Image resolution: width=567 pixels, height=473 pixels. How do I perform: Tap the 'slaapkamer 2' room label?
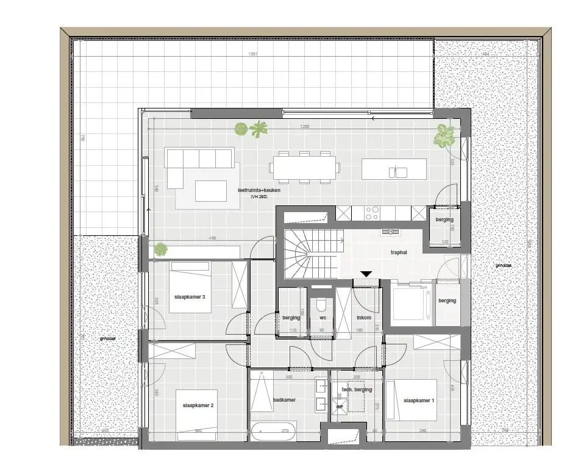point(198,405)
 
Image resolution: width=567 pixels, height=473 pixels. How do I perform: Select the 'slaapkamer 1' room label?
point(419,400)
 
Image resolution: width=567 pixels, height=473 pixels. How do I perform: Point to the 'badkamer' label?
point(285,400)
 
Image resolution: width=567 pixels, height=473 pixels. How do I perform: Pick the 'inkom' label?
point(365,318)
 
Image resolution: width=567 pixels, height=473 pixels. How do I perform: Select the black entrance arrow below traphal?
point(366,275)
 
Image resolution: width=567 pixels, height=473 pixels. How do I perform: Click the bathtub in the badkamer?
point(272,432)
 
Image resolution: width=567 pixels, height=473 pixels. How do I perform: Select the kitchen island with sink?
point(393,169)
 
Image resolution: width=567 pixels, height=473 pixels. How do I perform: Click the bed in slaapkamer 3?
point(190,287)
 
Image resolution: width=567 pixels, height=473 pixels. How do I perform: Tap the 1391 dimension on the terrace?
point(254,54)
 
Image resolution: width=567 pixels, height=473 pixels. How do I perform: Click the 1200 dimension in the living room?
point(304,127)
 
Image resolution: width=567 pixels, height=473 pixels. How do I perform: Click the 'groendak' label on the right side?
point(503,265)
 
